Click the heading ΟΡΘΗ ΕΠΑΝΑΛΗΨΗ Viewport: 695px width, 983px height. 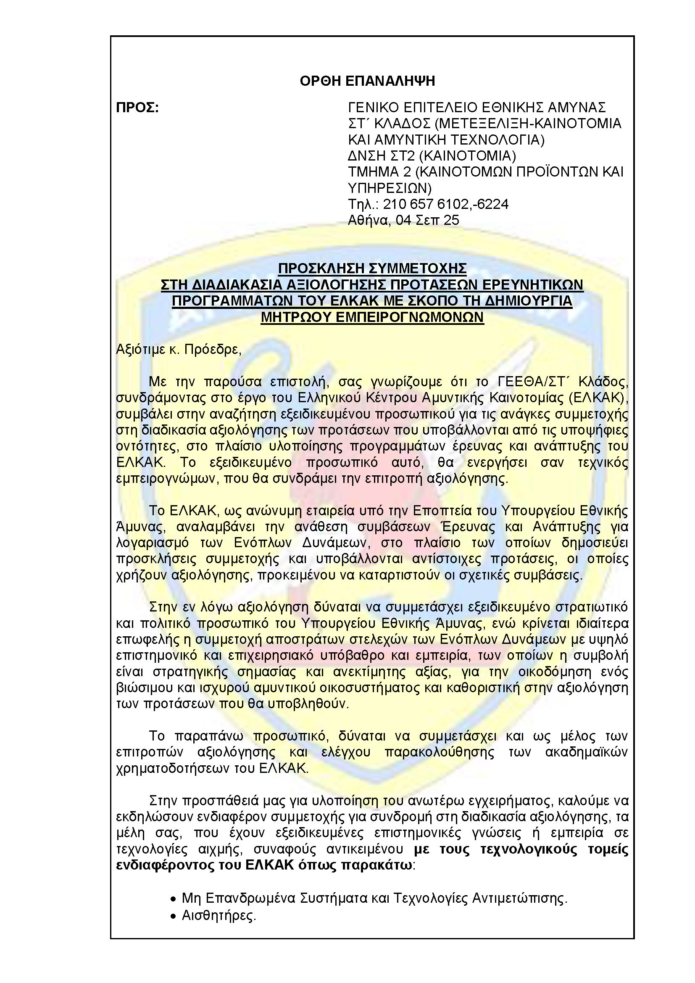coord(367,81)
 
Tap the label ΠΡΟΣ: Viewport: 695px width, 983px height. coord(137,108)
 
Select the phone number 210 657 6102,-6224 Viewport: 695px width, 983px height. coord(445,204)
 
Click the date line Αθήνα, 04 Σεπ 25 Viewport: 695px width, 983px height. coord(403,220)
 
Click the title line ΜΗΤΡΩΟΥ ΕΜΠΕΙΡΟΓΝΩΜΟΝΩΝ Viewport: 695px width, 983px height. coord(372,317)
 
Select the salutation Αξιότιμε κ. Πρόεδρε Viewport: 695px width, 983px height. coord(179,349)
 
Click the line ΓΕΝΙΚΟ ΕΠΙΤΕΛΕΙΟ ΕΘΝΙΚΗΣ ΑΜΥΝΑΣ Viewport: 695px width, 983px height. coord(477,107)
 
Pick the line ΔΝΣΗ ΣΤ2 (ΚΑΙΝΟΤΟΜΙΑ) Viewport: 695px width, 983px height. coord(432,155)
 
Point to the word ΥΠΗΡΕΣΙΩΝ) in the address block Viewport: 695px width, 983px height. coord(390,188)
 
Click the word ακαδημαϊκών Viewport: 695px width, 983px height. coord(586,752)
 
